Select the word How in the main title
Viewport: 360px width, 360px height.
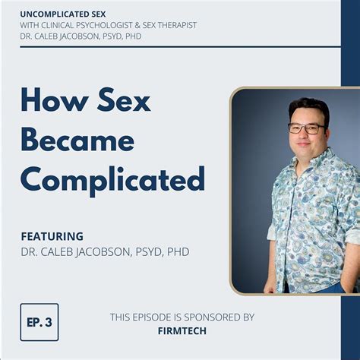pyautogui.click(x=51, y=102)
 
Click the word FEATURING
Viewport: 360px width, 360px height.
pyautogui.click(x=52, y=236)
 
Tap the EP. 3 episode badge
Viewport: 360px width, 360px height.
pyautogui.click(x=39, y=321)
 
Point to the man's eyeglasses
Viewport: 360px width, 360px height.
pyautogui.click(x=308, y=128)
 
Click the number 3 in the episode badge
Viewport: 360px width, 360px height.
pyautogui.click(x=48, y=321)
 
